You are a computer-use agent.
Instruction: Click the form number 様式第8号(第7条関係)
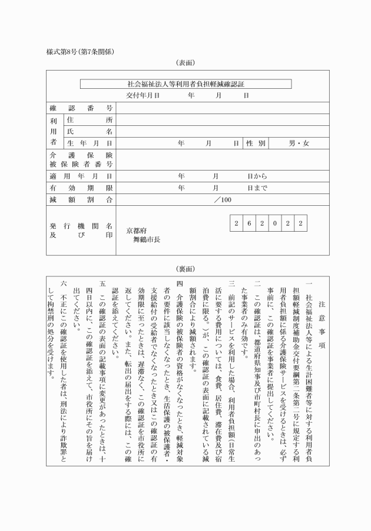point(80,51)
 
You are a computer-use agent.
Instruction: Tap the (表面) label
point(185,62)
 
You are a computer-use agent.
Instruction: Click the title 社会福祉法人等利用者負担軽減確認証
point(185,84)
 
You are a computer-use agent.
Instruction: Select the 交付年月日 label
point(143,95)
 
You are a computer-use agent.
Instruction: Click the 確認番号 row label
point(81,108)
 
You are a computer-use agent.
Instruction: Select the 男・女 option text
point(299,143)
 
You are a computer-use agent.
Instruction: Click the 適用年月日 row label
point(81,176)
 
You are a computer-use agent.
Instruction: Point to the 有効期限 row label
point(81,188)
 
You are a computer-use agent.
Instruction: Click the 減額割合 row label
point(81,200)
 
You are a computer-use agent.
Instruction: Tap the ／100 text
point(223,200)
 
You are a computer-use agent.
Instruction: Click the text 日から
point(257,176)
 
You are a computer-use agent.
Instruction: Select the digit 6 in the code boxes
point(249,223)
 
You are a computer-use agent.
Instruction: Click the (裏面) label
point(185,269)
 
